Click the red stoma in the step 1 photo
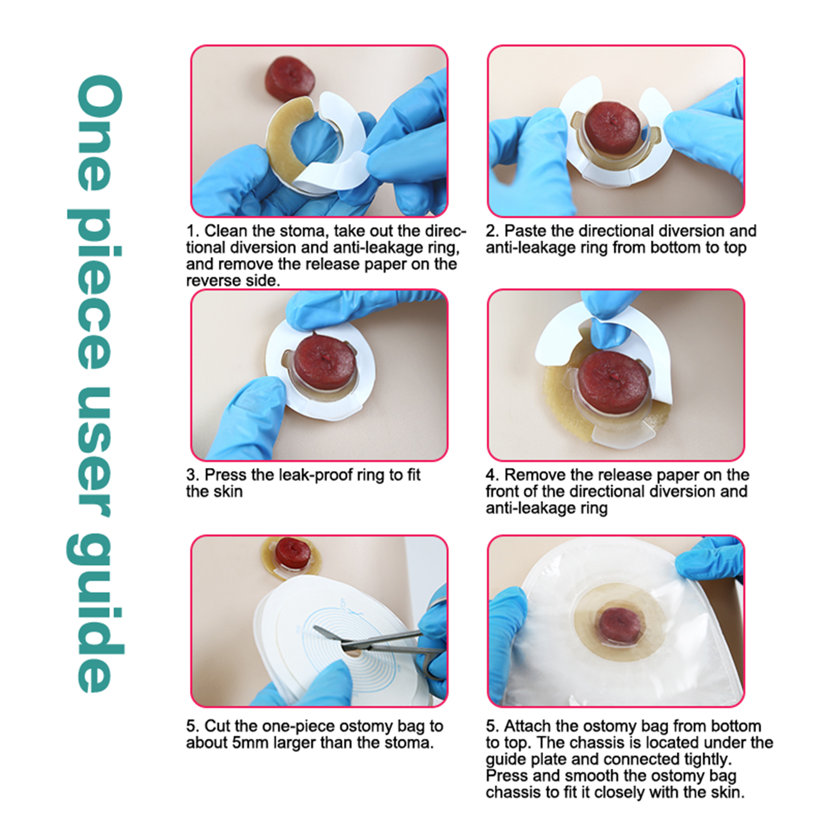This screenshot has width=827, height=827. (289, 79)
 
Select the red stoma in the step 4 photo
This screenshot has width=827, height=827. (614, 382)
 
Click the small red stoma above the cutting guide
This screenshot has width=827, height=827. (293, 552)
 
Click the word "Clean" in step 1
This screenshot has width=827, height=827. (225, 231)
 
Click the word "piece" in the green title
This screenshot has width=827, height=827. (96, 289)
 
